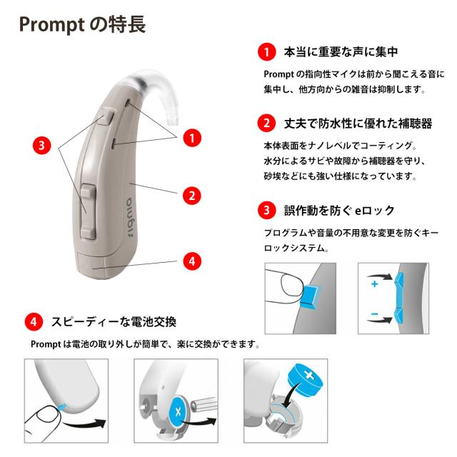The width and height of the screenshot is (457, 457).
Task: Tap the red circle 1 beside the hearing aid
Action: [191, 136]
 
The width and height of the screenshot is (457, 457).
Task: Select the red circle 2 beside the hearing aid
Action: [191, 194]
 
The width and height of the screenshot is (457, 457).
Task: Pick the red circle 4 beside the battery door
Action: [191, 261]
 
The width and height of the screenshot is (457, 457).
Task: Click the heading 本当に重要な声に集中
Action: [341, 52]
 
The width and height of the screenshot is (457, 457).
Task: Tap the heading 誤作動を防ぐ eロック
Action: [339, 211]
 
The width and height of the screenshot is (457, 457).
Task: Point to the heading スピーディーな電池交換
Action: [114, 321]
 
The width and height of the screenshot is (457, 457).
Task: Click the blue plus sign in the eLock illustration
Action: [374, 283]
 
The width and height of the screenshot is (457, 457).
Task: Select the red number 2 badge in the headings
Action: [266, 123]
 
